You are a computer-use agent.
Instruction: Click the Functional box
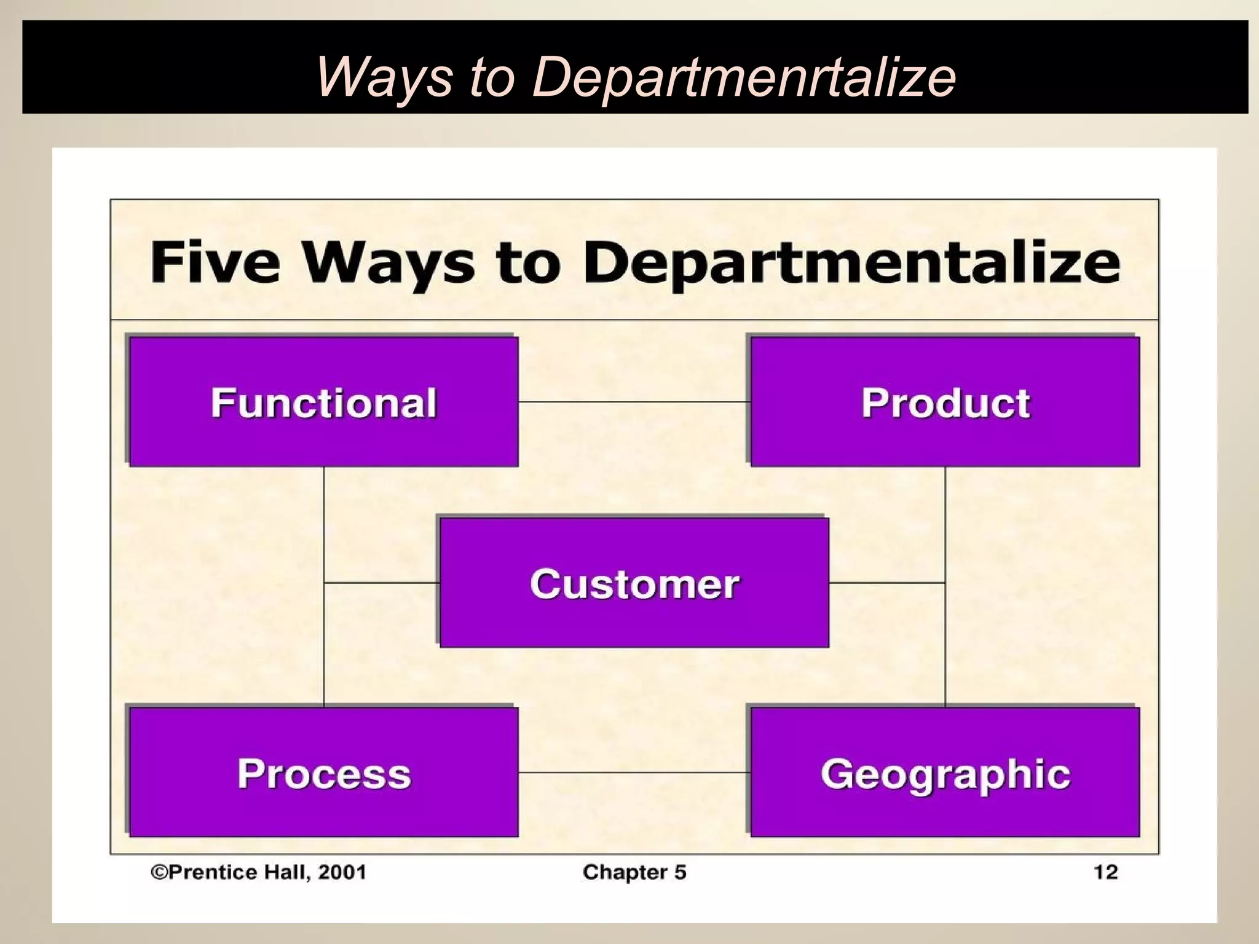(323, 402)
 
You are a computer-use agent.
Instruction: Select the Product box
(945, 402)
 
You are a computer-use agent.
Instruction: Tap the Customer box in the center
(634, 583)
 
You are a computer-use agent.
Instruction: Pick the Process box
(323, 773)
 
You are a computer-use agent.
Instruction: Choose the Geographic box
(945, 773)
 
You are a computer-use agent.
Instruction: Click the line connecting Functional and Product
(634, 402)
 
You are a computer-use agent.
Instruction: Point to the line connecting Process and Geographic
(634, 772)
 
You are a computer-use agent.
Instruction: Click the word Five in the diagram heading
(215, 262)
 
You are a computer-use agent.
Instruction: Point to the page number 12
(1105, 872)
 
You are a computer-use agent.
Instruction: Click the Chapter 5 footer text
(634, 872)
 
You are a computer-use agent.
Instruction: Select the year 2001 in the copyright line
(342, 872)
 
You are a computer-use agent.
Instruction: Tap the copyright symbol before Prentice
(159, 872)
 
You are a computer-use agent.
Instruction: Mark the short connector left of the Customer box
(382, 582)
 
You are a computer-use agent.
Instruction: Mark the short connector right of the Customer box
(886, 582)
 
